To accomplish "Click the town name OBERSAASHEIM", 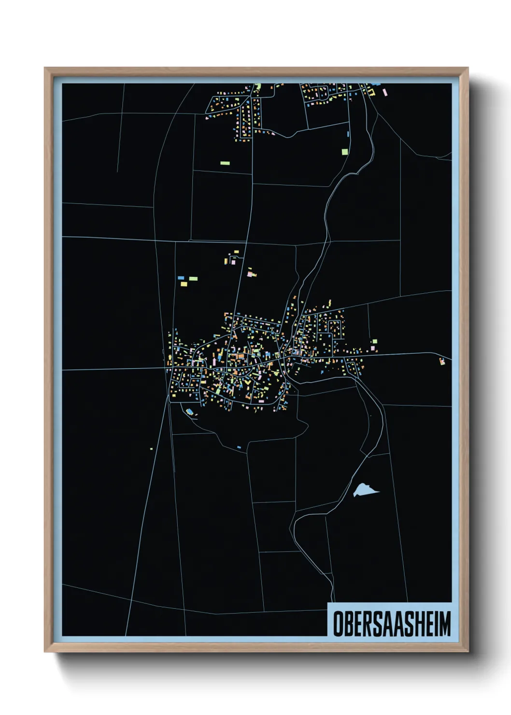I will coord(392,623).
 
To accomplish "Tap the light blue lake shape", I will coord(365,491).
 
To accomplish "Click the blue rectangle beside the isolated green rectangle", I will coord(181,278).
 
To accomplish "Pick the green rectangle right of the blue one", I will coord(193,279).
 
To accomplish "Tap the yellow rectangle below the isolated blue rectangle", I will coord(184,284).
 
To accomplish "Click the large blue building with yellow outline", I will coord(189,412).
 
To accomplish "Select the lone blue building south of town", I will coord(239,447).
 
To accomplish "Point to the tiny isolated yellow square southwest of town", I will coord(151,449).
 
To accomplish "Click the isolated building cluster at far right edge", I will coord(442,361).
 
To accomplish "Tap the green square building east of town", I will coord(374,342).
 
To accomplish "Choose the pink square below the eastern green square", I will coord(373,348).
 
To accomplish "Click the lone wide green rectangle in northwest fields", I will coord(225,163).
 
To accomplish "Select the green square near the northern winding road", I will coord(345,152).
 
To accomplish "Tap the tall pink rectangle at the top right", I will coord(384,92).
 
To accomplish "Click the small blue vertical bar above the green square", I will coord(348,134).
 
